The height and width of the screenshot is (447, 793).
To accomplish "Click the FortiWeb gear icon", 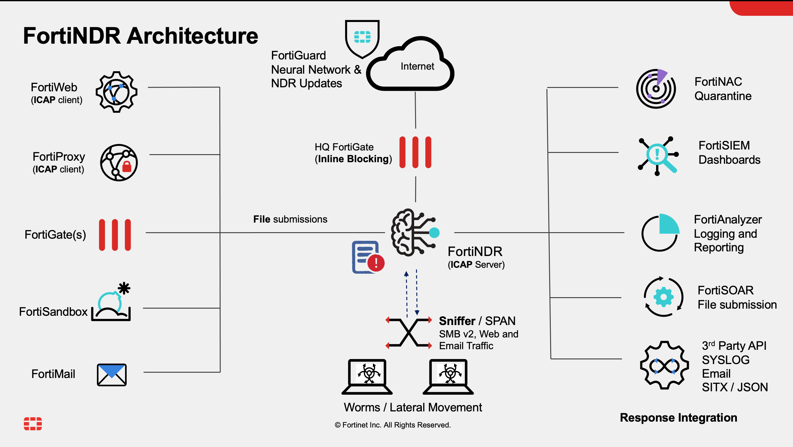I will click(116, 92).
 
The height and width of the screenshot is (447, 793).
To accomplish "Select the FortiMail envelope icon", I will click(112, 375).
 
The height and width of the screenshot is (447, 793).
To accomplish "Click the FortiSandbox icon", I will click(112, 303).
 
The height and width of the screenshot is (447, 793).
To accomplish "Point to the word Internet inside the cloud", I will click(417, 66).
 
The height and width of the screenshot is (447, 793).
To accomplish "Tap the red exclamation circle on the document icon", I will click(376, 263).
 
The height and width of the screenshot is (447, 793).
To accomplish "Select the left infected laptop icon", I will click(367, 376).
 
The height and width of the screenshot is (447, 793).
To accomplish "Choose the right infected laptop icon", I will click(448, 376).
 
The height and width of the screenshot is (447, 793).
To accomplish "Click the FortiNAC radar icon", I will click(656, 89).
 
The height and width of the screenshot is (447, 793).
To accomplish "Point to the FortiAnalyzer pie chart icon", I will click(660, 233).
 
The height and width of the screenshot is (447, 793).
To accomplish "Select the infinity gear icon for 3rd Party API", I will click(664, 365).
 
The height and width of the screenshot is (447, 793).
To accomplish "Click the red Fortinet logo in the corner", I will click(33, 423).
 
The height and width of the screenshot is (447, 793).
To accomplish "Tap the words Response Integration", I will click(678, 418).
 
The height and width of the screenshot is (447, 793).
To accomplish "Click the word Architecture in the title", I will click(192, 36).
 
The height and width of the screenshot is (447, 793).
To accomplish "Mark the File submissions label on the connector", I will click(290, 219).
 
